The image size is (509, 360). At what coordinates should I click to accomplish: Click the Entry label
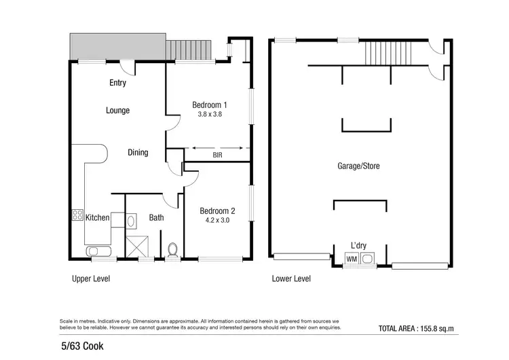117,84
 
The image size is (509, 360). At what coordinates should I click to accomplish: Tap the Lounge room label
117,110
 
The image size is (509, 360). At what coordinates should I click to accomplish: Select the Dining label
138,153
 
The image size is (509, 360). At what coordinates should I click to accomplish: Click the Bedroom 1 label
210,105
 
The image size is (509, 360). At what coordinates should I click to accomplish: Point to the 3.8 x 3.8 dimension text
210,115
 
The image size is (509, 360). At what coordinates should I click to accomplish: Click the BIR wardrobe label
218,156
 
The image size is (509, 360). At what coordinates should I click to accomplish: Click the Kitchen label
97,217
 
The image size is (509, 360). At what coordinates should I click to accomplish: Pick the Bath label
157,218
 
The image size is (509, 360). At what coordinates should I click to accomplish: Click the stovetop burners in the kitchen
76,217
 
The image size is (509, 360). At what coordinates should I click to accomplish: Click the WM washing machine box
352,258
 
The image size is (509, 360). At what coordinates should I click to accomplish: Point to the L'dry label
359,245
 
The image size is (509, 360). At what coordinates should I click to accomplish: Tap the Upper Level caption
91,278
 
